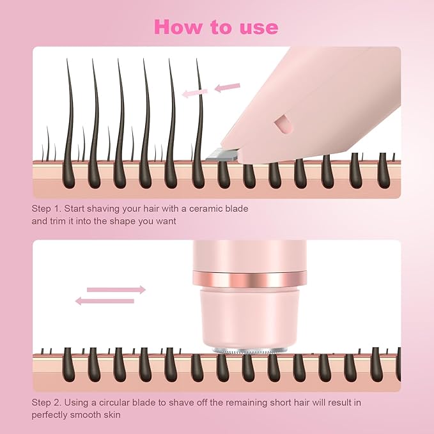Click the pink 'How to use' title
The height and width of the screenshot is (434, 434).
[x=217, y=27]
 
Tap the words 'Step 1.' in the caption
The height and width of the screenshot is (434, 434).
[x=46, y=209]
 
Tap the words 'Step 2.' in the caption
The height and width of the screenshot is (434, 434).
[x=46, y=403]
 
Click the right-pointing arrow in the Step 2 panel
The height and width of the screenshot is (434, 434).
[x=116, y=290]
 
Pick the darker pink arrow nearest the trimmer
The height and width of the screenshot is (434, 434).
[x=227, y=87]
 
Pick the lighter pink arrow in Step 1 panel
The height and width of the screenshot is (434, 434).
[x=195, y=93]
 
